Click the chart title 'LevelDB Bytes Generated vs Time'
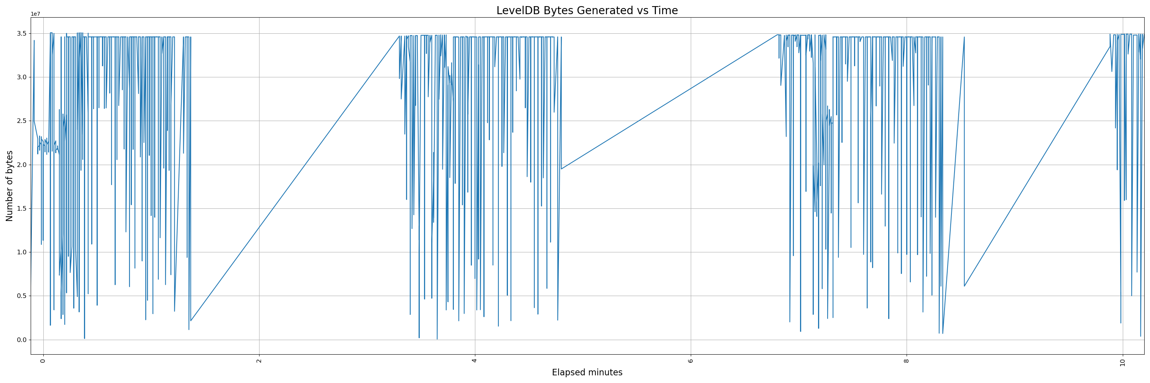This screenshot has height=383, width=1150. pyautogui.click(x=586, y=11)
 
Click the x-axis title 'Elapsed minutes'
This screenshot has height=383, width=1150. pyautogui.click(x=586, y=372)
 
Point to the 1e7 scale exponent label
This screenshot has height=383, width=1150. pyautogui.click(x=35, y=14)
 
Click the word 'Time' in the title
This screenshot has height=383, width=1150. pyautogui.click(x=665, y=11)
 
